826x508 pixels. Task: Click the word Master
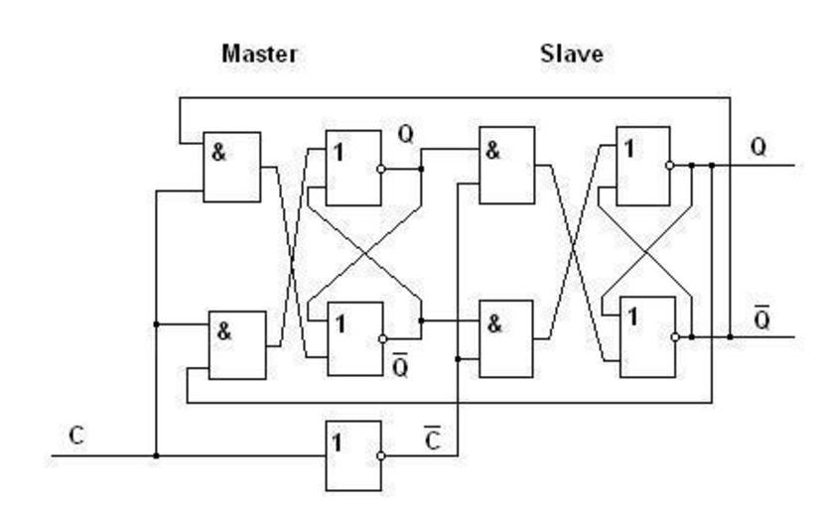click(x=257, y=54)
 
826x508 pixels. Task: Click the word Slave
click(x=571, y=54)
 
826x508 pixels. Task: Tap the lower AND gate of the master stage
click(x=236, y=345)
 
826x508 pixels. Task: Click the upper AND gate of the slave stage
click(x=506, y=166)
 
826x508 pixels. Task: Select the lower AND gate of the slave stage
click(x=506, y=338)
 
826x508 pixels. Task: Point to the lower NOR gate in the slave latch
click(x=645, y=338)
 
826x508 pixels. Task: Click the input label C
click(x=76, y=435)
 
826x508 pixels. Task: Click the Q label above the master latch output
click(x=405, y=134)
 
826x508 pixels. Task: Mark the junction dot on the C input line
click(x=156, y=456)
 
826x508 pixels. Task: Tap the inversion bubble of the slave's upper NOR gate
click(x=674, y=166)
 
